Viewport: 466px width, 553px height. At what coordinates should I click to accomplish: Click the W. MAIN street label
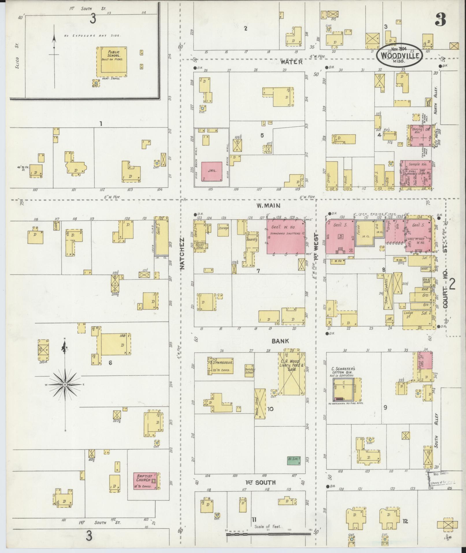click(x=268, y=206)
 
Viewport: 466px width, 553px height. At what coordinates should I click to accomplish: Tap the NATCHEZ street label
click(x=182, y=254)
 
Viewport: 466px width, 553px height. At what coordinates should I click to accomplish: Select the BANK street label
click(x=280, y=341)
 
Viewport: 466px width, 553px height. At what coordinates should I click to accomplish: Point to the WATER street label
click(x=292, y=62)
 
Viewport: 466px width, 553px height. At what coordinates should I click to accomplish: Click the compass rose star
click(x=65, y=385)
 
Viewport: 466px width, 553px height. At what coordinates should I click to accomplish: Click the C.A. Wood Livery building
click(x=291, y=373)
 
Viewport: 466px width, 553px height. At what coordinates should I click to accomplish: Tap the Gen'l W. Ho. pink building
click(x=285, y=237)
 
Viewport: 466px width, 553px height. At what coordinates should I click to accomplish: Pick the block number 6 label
click(x=110, y=362)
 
